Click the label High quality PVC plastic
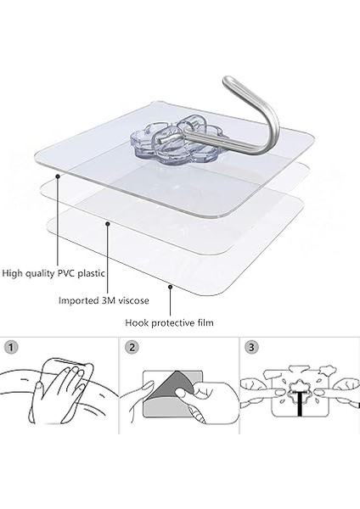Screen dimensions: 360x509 [53, 273]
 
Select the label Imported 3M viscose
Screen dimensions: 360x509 [104, 300]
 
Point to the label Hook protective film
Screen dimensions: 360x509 [169, 323]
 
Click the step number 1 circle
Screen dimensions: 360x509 [11, 348]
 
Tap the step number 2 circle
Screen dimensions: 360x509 [132, 348]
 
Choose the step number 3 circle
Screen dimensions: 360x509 [251, 347]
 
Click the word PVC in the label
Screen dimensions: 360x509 [66, 273]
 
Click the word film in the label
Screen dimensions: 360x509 [205, 323]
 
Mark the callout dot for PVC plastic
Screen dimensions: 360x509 [58, 176]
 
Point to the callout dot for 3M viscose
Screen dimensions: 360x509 [108, 223]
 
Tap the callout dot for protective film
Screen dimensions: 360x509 [170, 287]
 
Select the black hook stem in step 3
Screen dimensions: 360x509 [299, 404]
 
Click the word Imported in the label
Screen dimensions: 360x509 [77, 301]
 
